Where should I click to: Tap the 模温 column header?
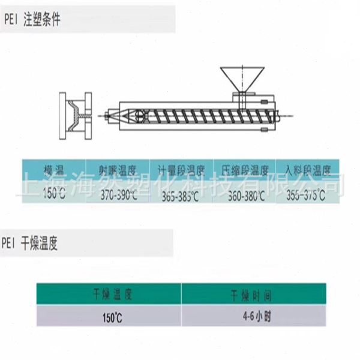[54, 170]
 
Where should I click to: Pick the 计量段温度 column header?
[181, 170]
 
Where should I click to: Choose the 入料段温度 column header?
[308, 170]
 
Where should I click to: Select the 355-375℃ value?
[306, 195]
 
